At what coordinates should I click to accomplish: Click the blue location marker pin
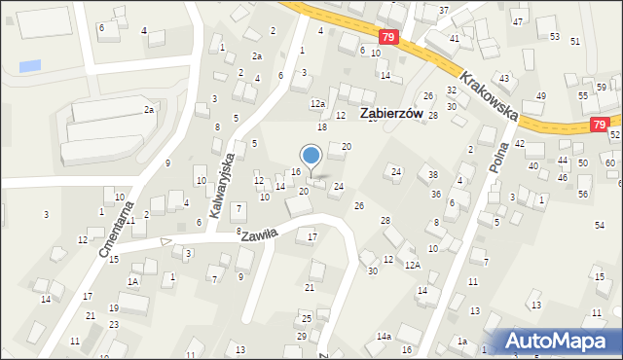311,156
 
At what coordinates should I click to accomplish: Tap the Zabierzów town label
395,113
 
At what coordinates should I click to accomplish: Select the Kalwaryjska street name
220,182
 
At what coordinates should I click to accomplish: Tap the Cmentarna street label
111,233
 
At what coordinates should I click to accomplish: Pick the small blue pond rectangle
31,66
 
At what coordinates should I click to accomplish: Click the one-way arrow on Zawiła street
166,240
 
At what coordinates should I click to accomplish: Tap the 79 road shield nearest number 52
599,125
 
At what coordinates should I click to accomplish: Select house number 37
444,11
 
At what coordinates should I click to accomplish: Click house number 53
554,36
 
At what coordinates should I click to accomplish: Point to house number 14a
384,336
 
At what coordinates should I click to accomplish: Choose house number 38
433,176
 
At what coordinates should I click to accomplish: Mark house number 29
302,336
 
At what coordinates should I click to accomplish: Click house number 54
600,225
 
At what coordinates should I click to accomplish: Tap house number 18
321,127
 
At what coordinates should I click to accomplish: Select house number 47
517,21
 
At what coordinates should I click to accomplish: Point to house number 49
540,96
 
